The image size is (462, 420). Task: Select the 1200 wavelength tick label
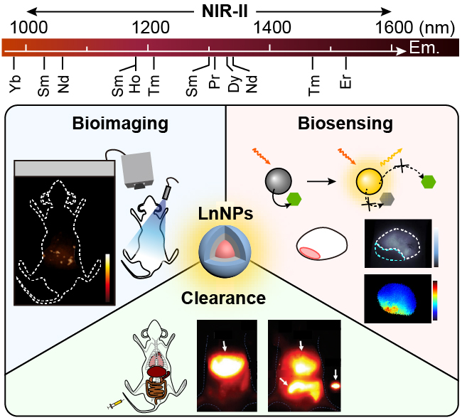[149, 28]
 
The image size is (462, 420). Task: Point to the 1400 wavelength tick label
[271, 28]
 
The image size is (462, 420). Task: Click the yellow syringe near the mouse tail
[113, 405]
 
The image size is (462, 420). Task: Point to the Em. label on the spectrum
[424, 49]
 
